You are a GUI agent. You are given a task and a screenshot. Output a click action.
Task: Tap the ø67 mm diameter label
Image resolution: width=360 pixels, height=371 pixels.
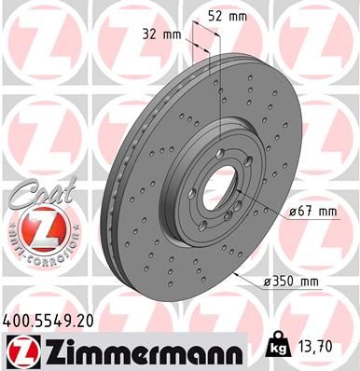pyautogui.click(x=312, y=212)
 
